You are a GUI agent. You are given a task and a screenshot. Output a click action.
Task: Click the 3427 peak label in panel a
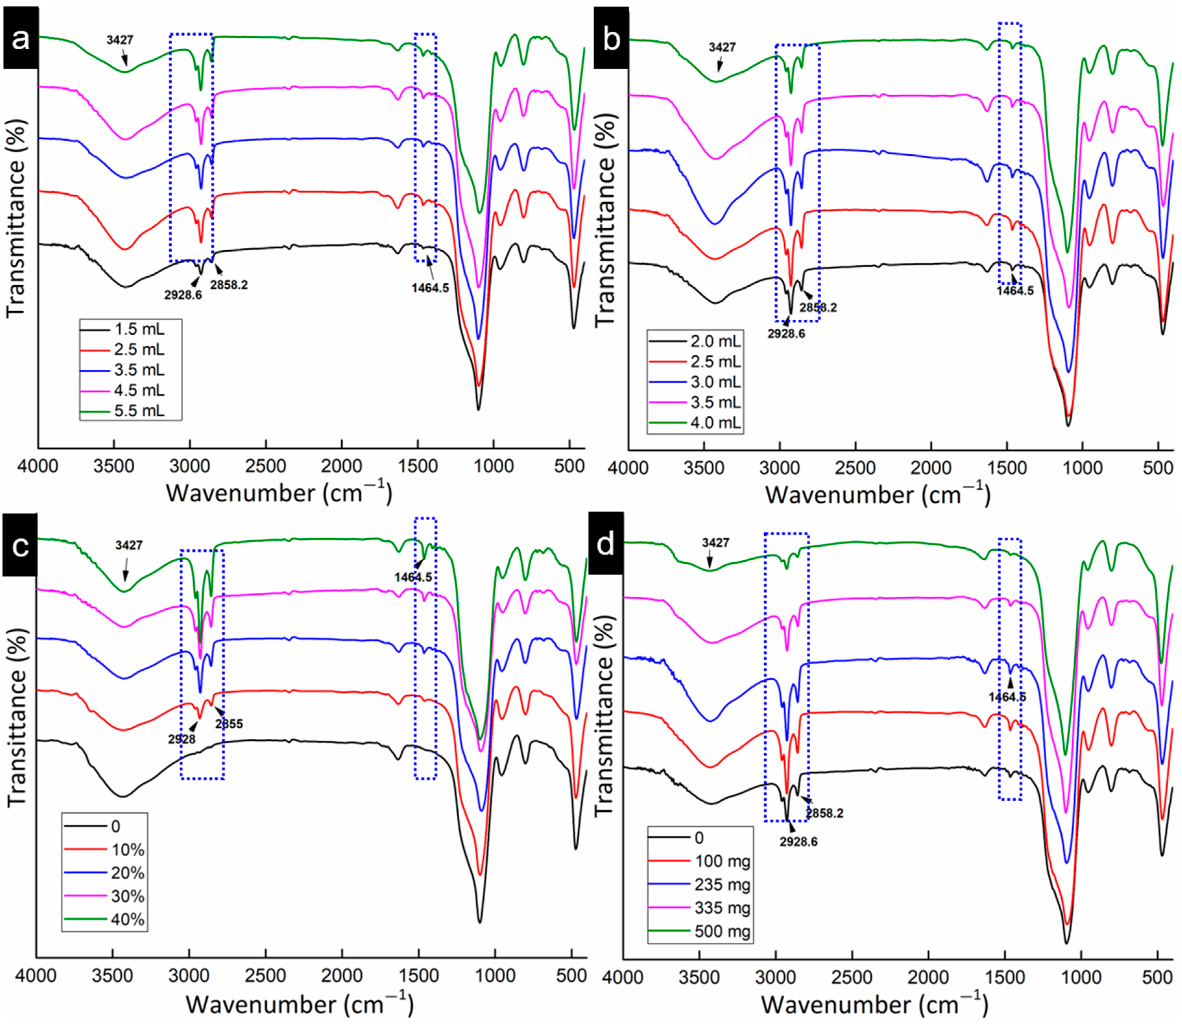tap(119, 40)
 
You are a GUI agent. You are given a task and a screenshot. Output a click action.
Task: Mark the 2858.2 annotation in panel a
tap(229, 285)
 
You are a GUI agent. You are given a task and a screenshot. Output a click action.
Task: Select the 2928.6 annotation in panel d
tap(798, 842)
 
